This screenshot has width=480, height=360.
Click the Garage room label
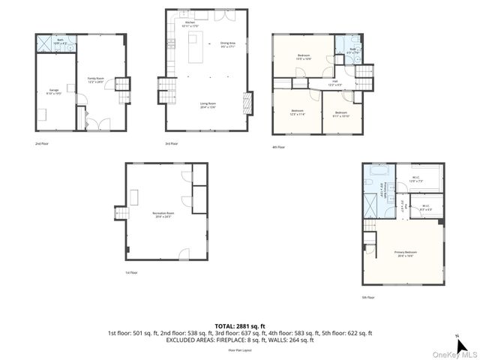(x=55, y=92)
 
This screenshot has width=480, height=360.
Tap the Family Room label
(x=95, y=79)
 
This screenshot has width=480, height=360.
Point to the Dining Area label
(x=228, y=44)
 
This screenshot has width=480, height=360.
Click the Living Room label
(x=208, y=106)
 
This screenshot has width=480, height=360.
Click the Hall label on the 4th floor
(x=334, y=82)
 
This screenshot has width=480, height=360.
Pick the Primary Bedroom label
(x=405, y=253)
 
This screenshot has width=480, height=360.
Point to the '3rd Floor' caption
(x=172, y=143)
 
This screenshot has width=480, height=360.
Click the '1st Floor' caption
(x=131, y=273)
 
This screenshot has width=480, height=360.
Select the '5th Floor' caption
(x=368, y=297)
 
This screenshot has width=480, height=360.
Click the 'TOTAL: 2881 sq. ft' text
(x=240, y=325)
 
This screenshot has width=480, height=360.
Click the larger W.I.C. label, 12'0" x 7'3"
(x=415, y=179)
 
